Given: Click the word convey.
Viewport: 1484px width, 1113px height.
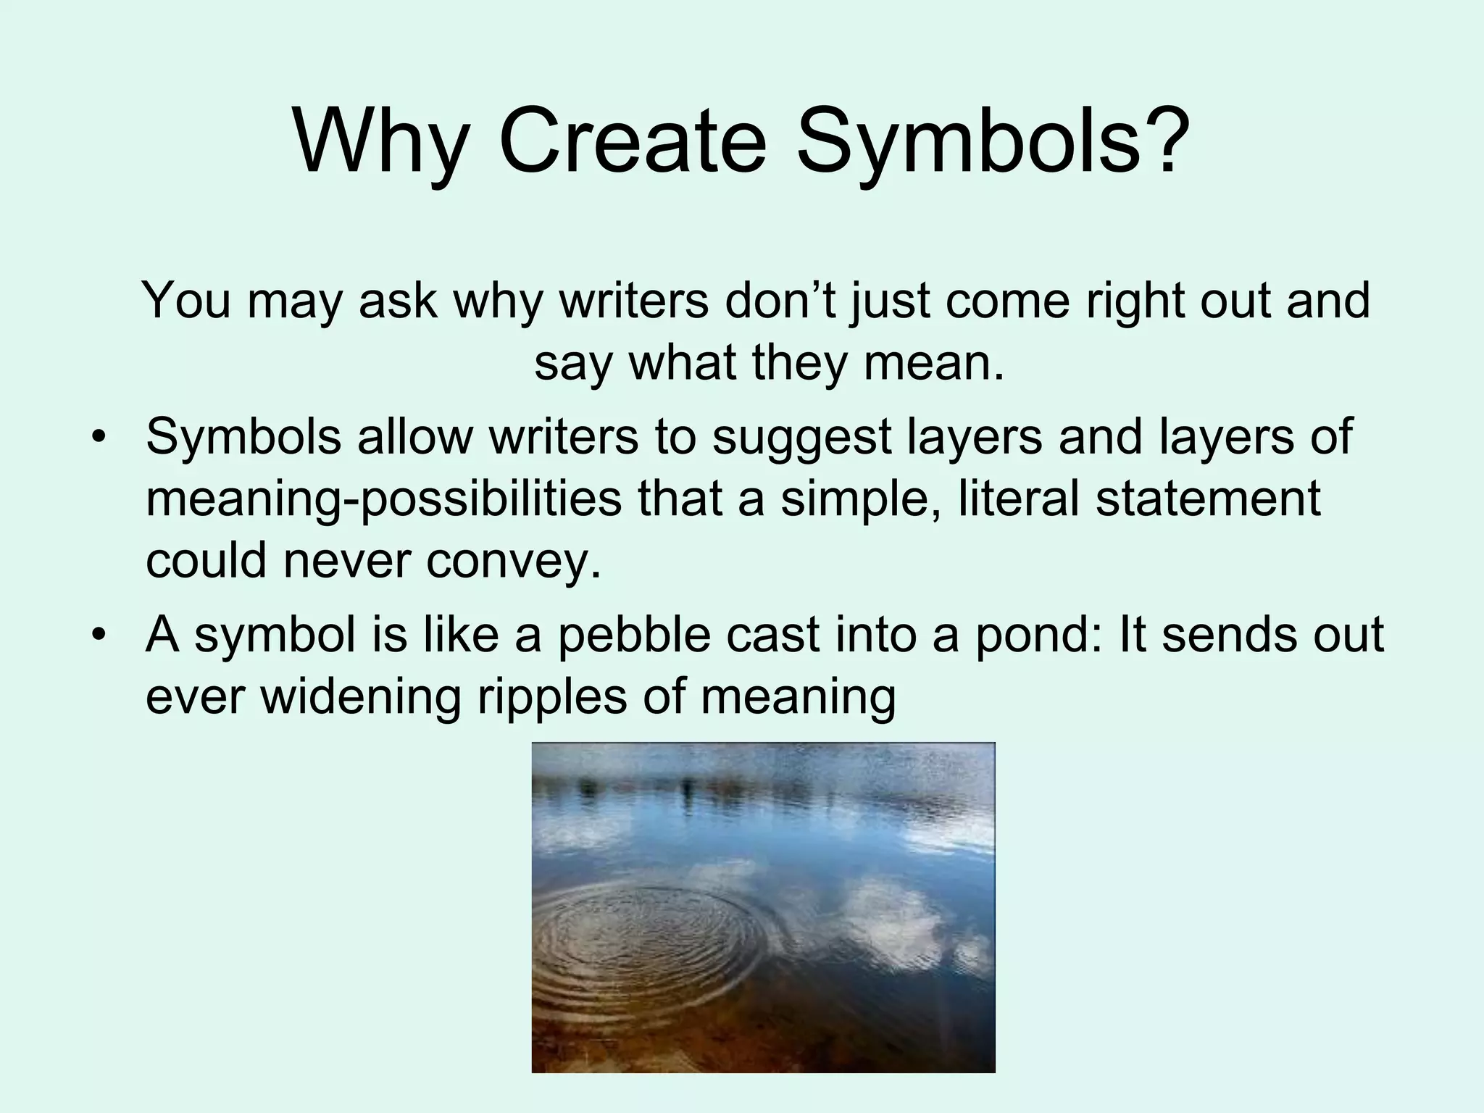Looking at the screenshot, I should click(514, 560).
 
